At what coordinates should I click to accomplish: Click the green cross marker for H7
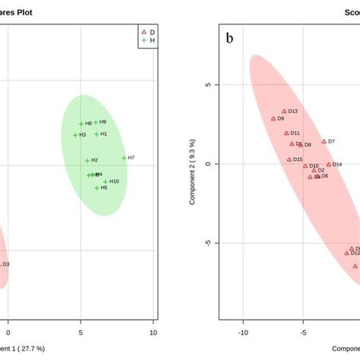pos(124,158)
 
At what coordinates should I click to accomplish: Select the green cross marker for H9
pos(96,122)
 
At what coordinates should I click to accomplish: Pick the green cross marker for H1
pos(96,134)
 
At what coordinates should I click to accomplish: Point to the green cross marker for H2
pos(87,160)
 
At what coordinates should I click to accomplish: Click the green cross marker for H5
pos(96,188)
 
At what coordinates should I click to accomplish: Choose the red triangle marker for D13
pos(285,112)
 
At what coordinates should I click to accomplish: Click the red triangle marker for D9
pos(273,118)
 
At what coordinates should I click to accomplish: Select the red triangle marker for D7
pos(324,141)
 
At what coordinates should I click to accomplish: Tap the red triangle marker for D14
pos(329,164)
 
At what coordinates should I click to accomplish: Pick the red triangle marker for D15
pos(289,159)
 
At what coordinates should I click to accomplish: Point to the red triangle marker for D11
pos(286,133)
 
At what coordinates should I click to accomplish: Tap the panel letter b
pos(229,38)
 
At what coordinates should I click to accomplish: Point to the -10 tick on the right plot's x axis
pos(243,332)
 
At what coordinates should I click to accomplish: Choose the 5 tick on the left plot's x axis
pos(81,332)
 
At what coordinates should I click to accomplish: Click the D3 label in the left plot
pos(6,264)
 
